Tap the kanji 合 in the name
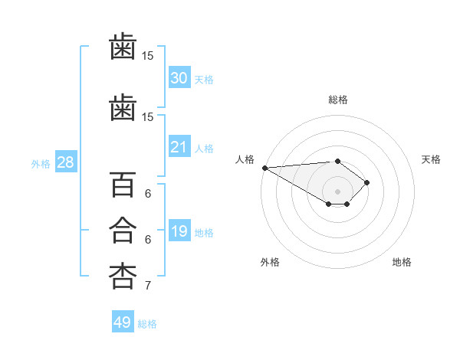(x=123, y=231)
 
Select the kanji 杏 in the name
(x=123, y=275)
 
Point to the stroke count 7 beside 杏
(x=148, y=286)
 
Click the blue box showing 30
(x=179, y=78)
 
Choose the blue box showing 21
(x=179, y=147)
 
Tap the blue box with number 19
(x=179, y=231)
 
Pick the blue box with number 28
(x=65, y=162)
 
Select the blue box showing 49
(x=123, y=322)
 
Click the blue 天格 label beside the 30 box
(x=204, y=79)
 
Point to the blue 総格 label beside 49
(x=147, y=324)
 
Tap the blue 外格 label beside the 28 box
(x=40, y=163)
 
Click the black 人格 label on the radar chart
(x=245, y=159)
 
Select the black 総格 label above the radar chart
(x=337, y=100)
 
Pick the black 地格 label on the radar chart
(x=402, y=262)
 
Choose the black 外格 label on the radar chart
(x=270, y=262)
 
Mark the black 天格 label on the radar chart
(x=431, y=159)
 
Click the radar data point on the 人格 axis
(x=264, y=168)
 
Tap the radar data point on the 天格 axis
(x=367, y=182)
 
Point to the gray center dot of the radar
(x=337, y=191)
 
